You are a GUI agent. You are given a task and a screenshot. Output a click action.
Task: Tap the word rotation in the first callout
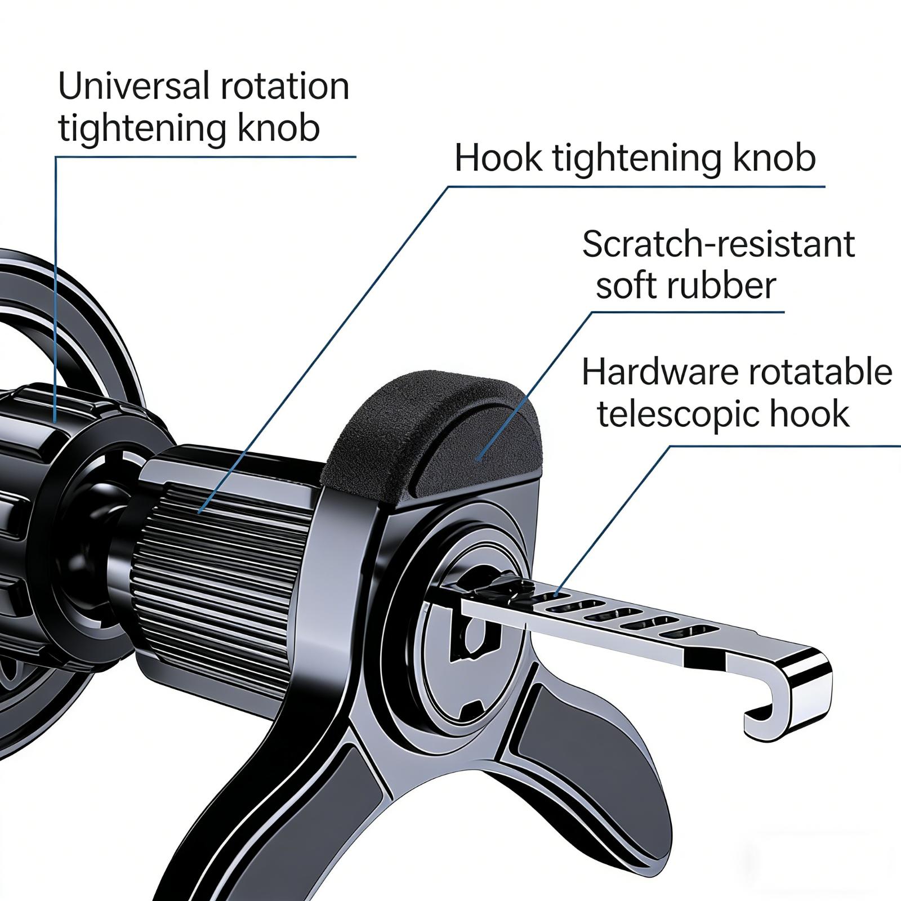(x=284, y=86)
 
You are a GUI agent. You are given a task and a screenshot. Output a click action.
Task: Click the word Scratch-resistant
(x=719, y=244)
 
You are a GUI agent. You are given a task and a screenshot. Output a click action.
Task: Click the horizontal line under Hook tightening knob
(x=636, y=186)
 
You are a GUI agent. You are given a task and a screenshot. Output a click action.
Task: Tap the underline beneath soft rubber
(x=687, y=312)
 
